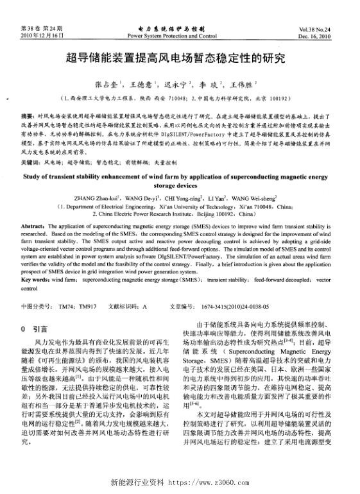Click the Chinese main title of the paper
(180, 60)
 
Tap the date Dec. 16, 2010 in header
(314, 37)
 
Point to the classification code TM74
(66, 307)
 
